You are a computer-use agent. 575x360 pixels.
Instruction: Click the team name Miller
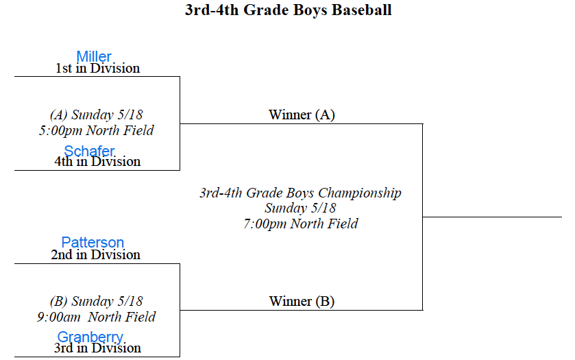[94, 56]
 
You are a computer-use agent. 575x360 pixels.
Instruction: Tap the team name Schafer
[89, 151]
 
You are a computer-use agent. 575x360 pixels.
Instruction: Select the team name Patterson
[93, 242]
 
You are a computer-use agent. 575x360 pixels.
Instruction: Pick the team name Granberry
[90, 337]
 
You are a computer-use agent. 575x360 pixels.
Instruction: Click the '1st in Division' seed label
[97, 69]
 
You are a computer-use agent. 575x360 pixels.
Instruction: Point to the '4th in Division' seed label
[97, 161]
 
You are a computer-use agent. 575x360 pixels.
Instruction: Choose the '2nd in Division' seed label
[95, 254]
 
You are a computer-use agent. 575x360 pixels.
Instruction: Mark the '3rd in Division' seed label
[97, 348]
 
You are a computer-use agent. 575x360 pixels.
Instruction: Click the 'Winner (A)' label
[302, 115]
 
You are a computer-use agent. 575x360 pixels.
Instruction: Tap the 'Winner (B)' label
[302, 301]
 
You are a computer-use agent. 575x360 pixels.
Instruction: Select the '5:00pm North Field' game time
[97, 130]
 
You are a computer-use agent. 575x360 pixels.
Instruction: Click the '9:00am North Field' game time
[97, 317]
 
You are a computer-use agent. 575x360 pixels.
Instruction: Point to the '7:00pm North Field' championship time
[301, 224]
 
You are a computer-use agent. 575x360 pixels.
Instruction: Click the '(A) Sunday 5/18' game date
[97, 115]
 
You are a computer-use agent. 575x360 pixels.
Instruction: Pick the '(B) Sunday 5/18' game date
[97, 301]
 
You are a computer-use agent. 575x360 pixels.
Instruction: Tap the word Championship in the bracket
[360, 193]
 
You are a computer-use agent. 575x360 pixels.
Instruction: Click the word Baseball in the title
[362, 10]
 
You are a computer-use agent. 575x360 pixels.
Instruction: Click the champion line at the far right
[492, 217]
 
